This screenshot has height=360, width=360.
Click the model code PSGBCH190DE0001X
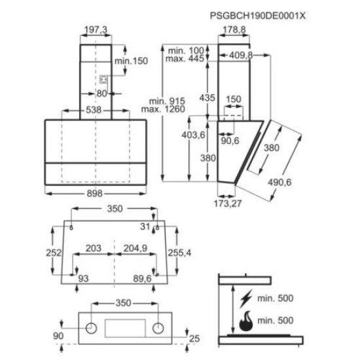258,16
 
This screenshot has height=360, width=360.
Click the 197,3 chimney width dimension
96,29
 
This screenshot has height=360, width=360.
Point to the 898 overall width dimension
94,194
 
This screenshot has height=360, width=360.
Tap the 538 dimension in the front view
94,110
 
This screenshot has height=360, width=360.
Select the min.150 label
131,61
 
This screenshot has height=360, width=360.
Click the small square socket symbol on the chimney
103,79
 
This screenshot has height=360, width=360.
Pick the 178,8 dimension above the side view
234,29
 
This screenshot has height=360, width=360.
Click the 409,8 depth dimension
241,55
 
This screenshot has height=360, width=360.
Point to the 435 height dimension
207,98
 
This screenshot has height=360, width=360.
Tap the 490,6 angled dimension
279,183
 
